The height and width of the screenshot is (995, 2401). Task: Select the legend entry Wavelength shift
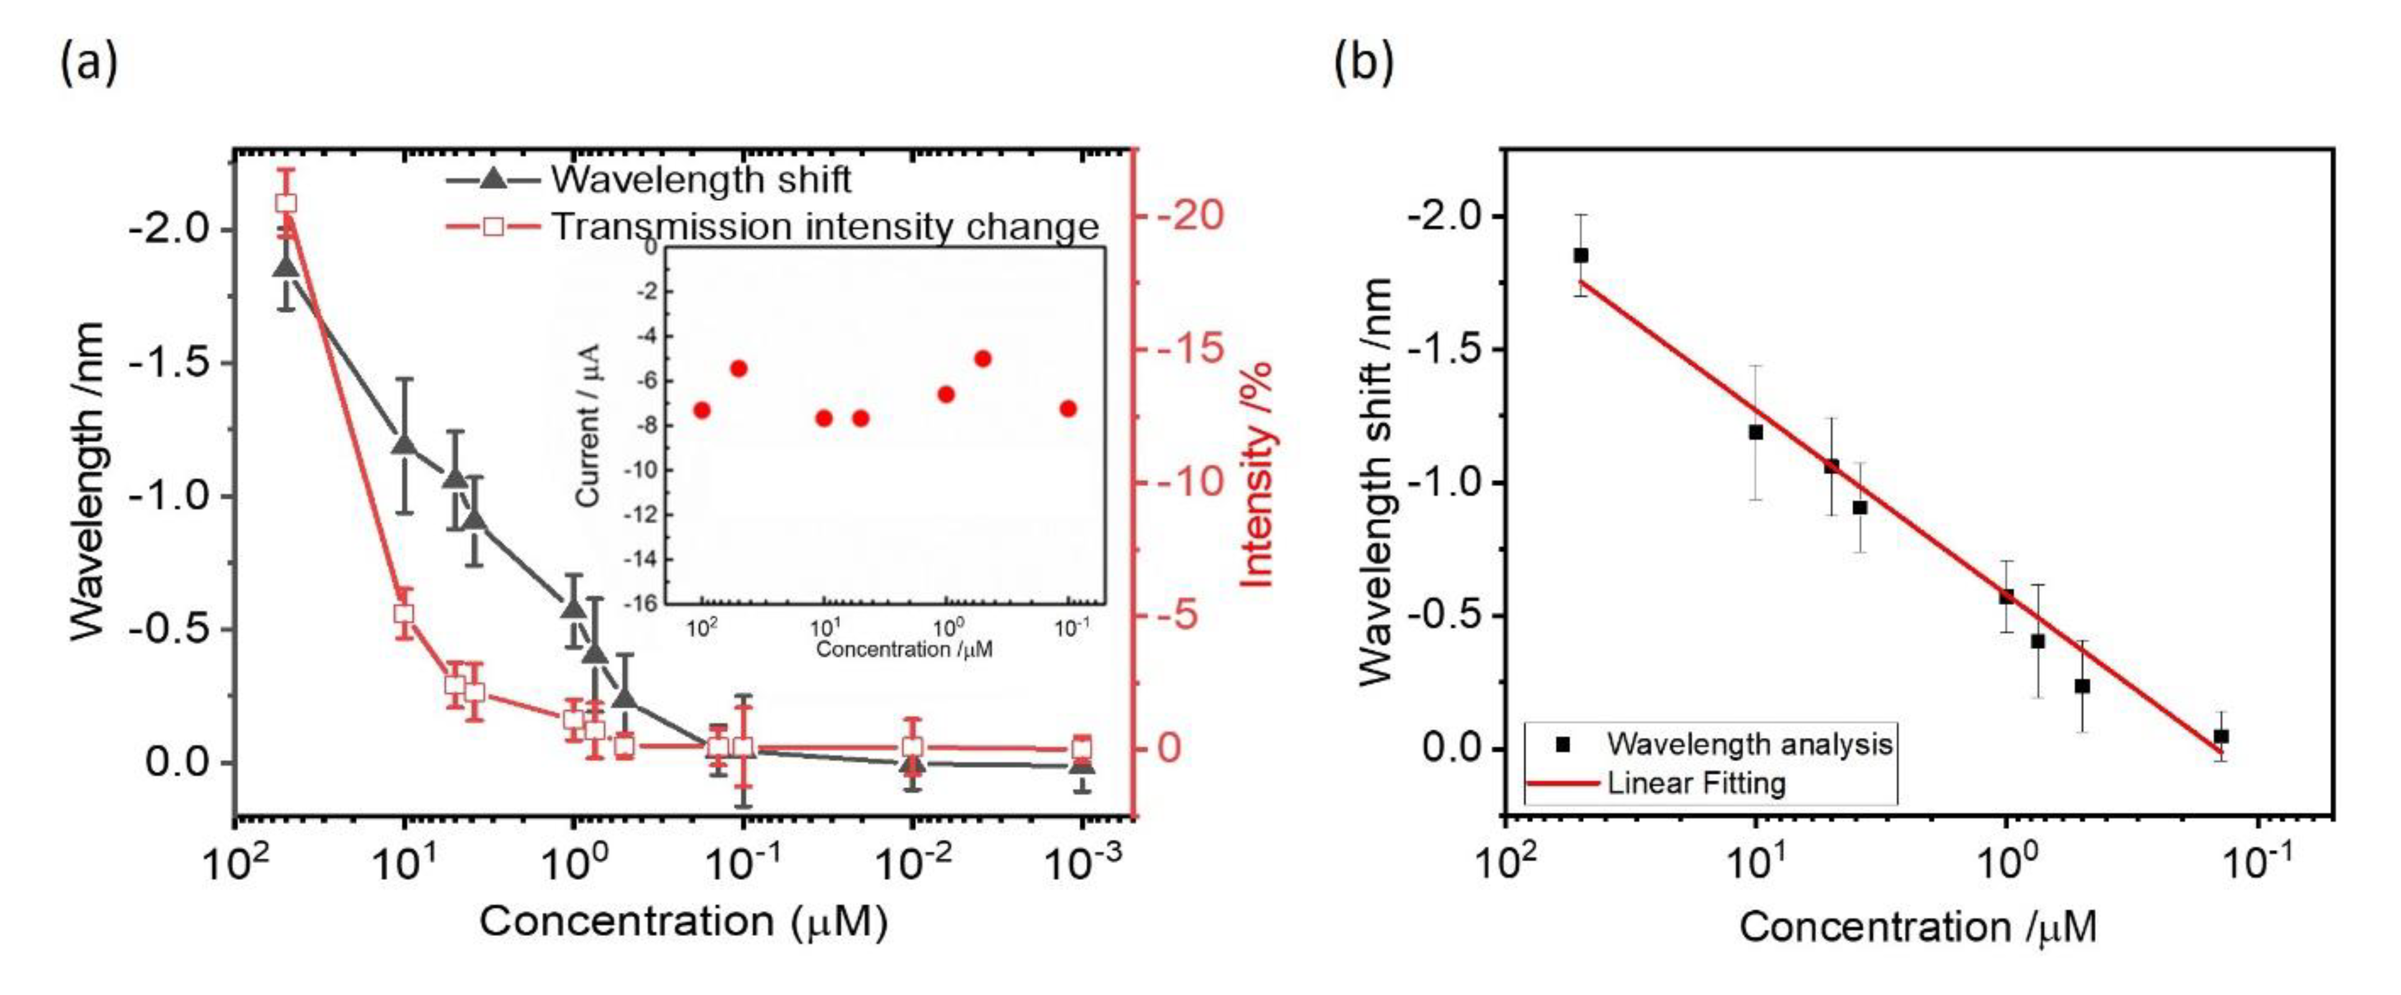[700, 179]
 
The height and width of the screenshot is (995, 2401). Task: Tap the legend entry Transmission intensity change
[825, 227]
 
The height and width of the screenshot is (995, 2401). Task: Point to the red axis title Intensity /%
[1257, 475]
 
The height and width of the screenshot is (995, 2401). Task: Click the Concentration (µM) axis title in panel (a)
[683, 922]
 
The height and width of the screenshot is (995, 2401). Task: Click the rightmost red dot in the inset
[1068, 408]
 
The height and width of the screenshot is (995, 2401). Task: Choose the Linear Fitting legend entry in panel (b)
[1695, 782]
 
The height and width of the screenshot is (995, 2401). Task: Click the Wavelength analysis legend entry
[1749, 743]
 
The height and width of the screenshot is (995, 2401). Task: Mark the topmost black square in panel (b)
[1581, 255]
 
